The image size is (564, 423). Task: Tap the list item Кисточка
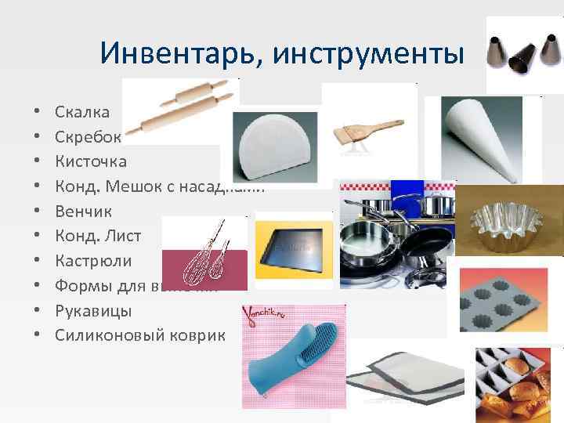pos(90,162)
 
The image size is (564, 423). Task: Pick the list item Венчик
pos(83,211)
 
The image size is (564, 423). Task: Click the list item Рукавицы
pos(93,311)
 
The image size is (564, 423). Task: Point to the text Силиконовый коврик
pos(140,335)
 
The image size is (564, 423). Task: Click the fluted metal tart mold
pos(508,219)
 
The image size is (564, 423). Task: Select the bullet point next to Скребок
pos(37,138)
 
